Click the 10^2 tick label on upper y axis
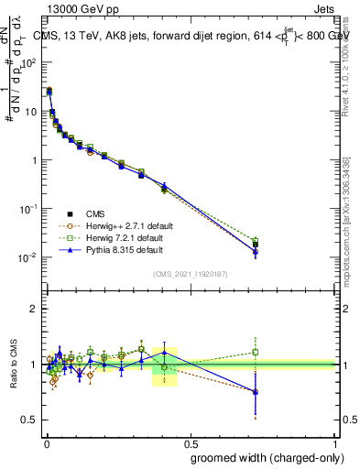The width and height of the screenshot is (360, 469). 29,63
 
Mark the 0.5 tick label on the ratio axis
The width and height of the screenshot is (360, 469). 29,420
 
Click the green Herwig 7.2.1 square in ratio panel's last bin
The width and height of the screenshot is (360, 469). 256,351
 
